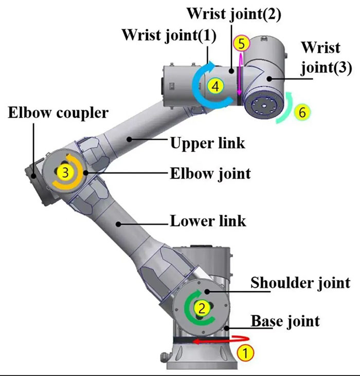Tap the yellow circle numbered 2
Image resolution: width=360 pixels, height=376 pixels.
pos(202,308)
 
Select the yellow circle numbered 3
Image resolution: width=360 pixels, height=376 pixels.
pos(65,173)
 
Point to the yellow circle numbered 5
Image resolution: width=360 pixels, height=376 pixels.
pos(241,44)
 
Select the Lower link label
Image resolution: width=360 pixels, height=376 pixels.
pos(208,221)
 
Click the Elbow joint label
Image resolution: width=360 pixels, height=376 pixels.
pos(210,173)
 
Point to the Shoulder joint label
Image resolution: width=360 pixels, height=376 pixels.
pos(300,282)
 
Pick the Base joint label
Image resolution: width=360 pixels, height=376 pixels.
pos(285,321)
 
